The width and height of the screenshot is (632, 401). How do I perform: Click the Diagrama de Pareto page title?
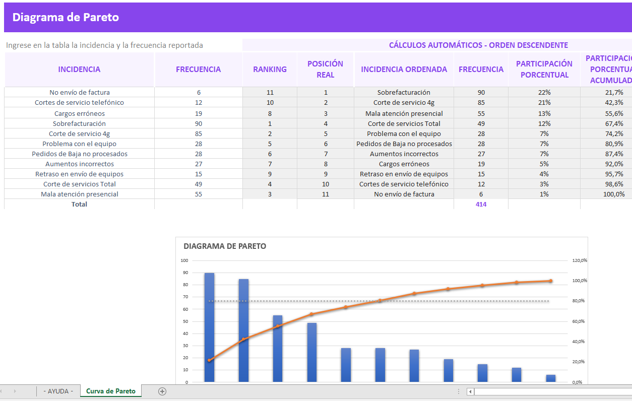(x=66, y=17)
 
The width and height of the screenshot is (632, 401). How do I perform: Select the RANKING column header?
(x=270, y=70)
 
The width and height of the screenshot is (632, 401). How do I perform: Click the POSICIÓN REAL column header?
(x=325, y=70)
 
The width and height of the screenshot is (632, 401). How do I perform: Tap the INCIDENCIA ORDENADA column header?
(x=404, y=70)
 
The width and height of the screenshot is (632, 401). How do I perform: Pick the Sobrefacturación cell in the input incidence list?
(x=79, y=123)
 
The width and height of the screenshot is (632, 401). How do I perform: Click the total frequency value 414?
(x=481, y=204)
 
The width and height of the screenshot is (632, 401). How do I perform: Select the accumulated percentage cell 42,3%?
(x=614, y=103)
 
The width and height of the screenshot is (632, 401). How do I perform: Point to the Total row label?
(x=79, y=204)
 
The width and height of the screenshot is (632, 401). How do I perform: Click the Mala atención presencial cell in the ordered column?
(x=404, y=113)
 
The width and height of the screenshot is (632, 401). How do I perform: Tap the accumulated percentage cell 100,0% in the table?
(x=613, y=194)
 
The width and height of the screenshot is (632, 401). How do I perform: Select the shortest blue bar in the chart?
(x=550, y=378)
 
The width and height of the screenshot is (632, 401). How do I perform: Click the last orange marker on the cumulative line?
(x=550, y=281)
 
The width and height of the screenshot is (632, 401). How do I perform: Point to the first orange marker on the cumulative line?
(x=209, y=360)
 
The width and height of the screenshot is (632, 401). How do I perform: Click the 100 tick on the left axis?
(x=184, y=260)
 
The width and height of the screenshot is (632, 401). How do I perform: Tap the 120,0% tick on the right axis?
(x=580, y=260)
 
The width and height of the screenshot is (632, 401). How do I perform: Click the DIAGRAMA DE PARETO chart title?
(x=225, y=246)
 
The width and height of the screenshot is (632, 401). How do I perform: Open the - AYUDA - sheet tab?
(x=58, y=391)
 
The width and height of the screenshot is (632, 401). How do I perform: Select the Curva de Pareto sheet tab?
(x=111, y=391)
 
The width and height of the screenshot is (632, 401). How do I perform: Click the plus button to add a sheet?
(x=162, y=391)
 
